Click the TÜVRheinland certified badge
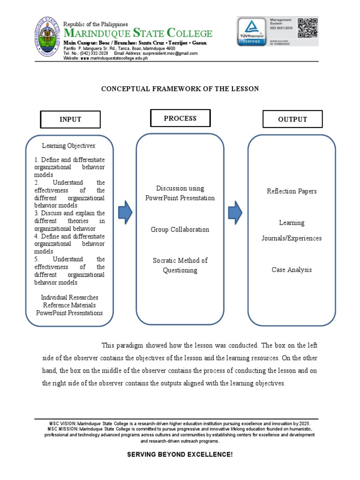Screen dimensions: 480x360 (251, 32)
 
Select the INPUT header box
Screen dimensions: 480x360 (70, 120)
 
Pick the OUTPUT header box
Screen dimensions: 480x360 (292, 120)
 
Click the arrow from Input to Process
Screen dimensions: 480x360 (125, 213)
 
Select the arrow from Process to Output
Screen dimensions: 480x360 (235, 213)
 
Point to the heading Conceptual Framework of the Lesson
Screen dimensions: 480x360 (180, 89)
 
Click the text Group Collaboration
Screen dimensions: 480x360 (180, 230)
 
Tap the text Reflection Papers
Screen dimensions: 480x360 (292, 191)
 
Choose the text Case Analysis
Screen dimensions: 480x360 (292, 270)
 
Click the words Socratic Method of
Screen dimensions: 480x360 (180, 261)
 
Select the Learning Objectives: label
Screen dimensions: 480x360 (69, 146)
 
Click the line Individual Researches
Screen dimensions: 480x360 (69, 298)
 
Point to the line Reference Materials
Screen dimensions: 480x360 (69, 305)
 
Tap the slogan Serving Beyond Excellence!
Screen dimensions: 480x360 (180, 455)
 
